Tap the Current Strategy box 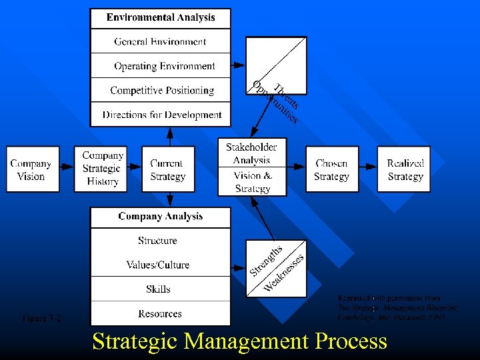[x=168, y=169]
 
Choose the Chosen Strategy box [x=331, y=169]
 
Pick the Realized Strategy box [x=405, y=169]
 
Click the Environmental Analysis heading [x=161, y=18]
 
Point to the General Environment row [x=161, y=41]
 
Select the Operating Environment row [x=164, y=66]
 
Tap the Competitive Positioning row [x=162, y=90]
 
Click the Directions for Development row [x=162, y=115]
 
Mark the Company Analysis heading [x=161, y=216]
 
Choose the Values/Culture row [x=158, y=265]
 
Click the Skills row [x=158, y=289]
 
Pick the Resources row [x=160, y=313]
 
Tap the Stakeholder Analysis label [x=251, y=153]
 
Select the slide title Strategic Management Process [x=239, y=341]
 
